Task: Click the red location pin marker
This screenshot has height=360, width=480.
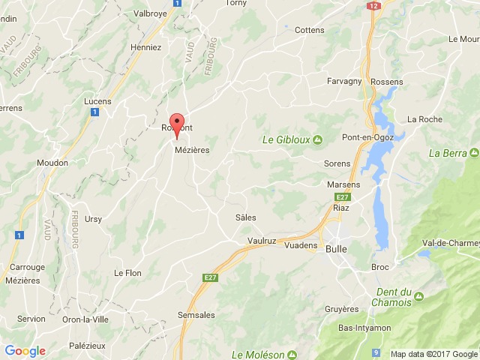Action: (177, 125)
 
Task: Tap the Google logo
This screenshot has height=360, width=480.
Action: (25, 350)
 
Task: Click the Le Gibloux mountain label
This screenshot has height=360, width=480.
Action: (286, 139)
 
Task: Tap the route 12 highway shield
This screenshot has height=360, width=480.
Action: (373, 5)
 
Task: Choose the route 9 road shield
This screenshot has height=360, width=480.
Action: (376, 352)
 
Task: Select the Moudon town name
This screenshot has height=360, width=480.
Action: (52, 163)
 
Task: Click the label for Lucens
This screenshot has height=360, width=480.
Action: (97, 101)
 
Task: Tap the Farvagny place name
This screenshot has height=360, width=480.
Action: (345, 81)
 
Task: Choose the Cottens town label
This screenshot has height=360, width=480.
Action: (310, 30)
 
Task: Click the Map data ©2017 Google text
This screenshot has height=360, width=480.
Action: (433, 354)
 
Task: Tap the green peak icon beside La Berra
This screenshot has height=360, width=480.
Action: (474, 153)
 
